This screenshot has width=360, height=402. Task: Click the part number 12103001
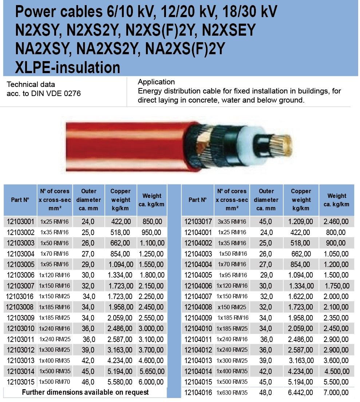pyautogui.click(x=20, y=221)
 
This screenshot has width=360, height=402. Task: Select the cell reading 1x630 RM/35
pyautogui.click(x=232, y=393)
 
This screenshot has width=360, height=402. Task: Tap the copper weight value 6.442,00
pyautogui.click(x=301, y=393)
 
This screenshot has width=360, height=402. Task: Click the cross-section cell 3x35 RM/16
pyautogui.click(x=232, y=222)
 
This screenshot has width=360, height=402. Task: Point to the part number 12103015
pyautogui.click(x=20, y=382)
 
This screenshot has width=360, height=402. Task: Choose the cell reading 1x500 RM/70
pyautogui.click(x=54, y=382)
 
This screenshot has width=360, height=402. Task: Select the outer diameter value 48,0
pyautogui.click(x=266, y=393)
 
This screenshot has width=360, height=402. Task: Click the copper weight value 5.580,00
pyautogui.click(x=120, y=382)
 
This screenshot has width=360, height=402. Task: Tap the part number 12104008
pyautogui.click(x=198, y=307)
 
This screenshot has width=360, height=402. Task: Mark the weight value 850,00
pyautogui.click(x=151, y=221)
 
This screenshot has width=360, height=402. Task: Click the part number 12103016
pyautogui.click(x=20, y=296)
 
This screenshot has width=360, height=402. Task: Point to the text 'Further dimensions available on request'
pyautogui.click(x=85, y=392)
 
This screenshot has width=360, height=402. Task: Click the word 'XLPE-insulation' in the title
pyautogui.click(x=68, y=67)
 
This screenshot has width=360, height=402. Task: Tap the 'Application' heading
pyautogui.click(x=156, y=82)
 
